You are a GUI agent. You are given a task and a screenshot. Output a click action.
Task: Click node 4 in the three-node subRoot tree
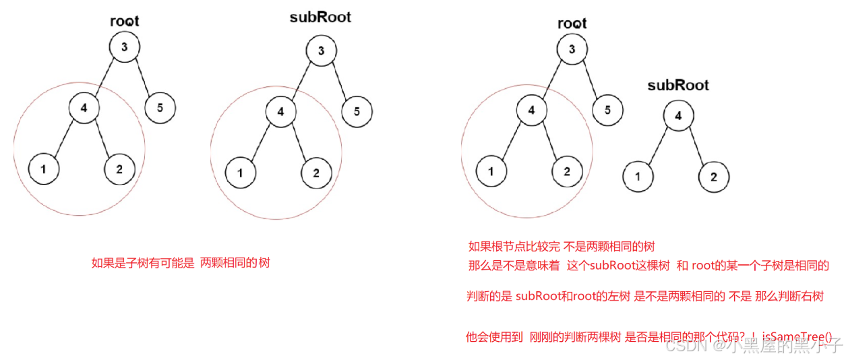point(678,116)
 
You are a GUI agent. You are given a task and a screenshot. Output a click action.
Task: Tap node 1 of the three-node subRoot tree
point(638,177)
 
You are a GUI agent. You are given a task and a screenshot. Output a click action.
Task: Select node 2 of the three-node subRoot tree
point(714,177)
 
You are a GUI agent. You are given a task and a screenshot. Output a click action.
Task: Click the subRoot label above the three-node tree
point(677,86)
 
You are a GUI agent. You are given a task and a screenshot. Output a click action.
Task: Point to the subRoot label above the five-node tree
point(320,17)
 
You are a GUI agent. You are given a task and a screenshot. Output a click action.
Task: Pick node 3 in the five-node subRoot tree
point(322,51)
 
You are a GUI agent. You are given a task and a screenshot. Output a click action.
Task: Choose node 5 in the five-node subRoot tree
point(357,111)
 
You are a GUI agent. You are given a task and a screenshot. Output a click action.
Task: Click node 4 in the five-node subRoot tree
point(281,112)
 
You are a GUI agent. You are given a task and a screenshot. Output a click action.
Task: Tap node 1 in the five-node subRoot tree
point(241,173)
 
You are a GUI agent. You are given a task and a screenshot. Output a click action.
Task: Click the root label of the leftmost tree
point(125,21)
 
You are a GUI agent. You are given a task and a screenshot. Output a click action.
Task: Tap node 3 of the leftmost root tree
point(125,47)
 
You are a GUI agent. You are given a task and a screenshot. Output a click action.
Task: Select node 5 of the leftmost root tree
point(160,107)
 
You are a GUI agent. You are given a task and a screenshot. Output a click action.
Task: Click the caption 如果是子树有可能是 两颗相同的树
point(181,263)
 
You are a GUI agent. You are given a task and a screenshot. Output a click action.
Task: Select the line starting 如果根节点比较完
point(562,246)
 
